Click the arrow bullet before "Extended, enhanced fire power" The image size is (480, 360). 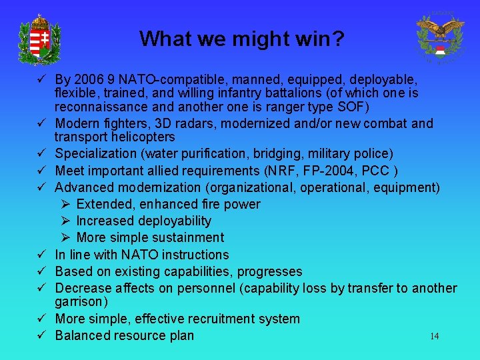click(66, 204)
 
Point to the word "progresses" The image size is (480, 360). click(270, 271)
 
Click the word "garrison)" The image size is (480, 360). click(80, 302)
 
